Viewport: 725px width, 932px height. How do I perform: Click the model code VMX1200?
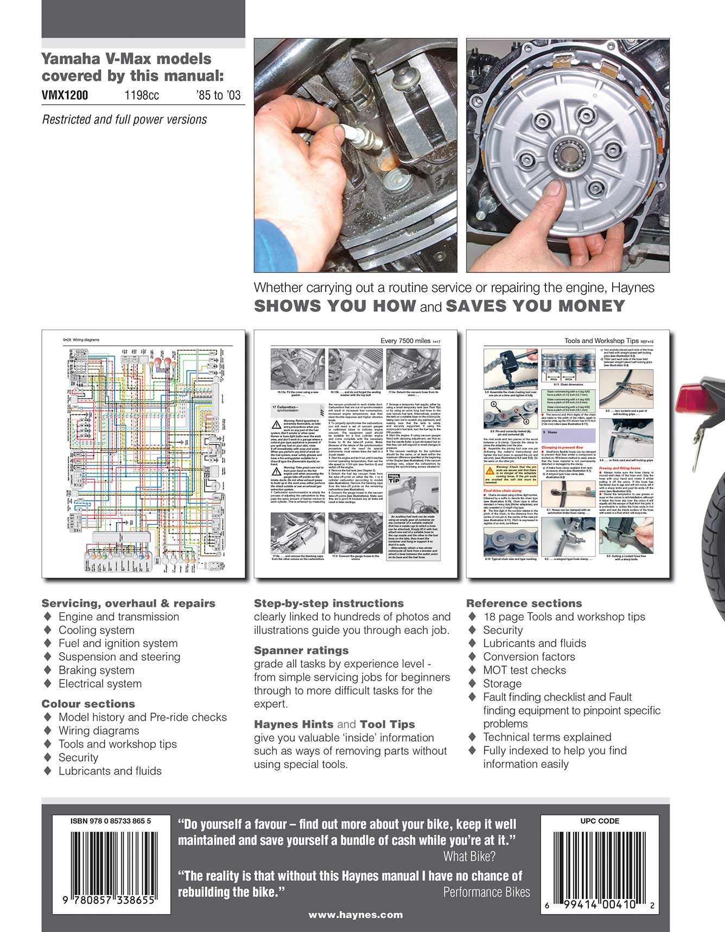[x=65, y=96]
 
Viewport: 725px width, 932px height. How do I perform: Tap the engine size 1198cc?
[x=142, y=96]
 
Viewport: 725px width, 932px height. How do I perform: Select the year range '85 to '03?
[x=218, y=96]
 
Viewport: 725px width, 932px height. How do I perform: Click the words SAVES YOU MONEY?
[x=535, y=306]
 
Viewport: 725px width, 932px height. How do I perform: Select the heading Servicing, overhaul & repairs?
[x=129, y=603]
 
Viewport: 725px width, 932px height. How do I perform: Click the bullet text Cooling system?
[x=96, y=630]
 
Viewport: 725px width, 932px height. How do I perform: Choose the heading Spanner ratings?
[x=301, y=650]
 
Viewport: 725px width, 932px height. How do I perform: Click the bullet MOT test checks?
[x=524, y=670]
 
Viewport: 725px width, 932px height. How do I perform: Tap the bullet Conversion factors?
[x=529, y=657]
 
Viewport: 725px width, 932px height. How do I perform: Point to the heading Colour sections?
[x=88, y=703]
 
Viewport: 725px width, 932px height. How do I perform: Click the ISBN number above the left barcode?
[x=111, y=821]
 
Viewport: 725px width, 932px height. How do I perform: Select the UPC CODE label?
[x=600, y=821]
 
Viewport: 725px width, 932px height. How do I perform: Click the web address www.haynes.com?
[x=355, y=915]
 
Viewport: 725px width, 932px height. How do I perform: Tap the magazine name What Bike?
[x=469, y=857]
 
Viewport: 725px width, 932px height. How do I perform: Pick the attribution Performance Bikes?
[x=486, y=892]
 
